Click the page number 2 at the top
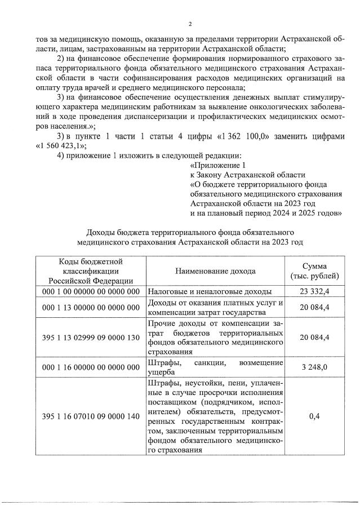point(190,24)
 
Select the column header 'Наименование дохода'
point(215,271)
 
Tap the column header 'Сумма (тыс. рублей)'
point(314,271)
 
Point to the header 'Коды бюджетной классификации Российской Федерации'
point(91,271)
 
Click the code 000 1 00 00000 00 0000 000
point(91,292)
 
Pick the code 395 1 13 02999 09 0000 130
point(91,337)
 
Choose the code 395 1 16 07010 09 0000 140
point(91,416)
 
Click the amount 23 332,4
point(314,292)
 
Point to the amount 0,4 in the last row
point(314,416)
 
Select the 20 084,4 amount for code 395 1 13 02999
point(314,337)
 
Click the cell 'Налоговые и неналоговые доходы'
point(210,292)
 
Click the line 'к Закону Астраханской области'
point(248,175)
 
